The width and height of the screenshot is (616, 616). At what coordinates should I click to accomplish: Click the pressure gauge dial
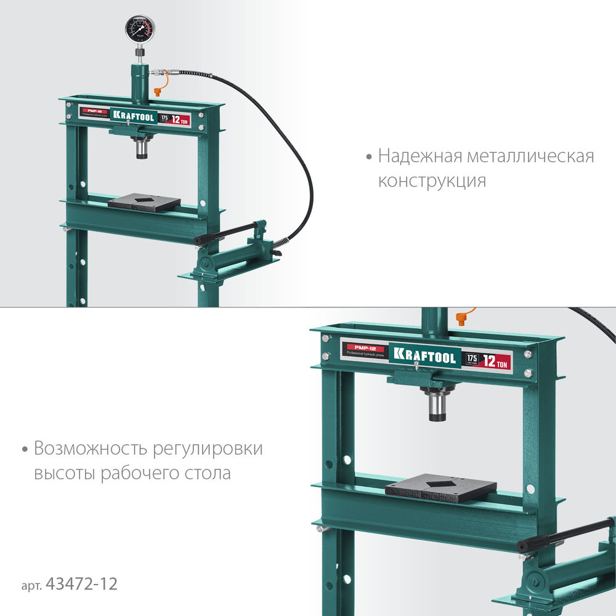pyautogui.click(x=140, y=29)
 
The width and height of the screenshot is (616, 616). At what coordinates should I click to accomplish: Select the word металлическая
pyautogui.click(x=530, y=156)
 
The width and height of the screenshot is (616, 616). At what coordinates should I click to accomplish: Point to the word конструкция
pyautogui.click(x=432, y=181)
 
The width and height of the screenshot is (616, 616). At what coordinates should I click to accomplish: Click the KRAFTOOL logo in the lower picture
pyautogui.click(x=425, y=357)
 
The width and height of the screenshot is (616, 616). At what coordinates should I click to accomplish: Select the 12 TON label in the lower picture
pyautogui.click(x=496, y=362)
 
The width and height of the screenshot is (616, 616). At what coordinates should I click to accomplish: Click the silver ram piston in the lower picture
pyautogui.click(x=438, y=408)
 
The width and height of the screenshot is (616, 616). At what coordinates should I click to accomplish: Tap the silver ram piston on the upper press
pyautogui.click(x=142, y=148)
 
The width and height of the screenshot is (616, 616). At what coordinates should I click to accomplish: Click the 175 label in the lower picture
pyautogui.click(x=472, y=359)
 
